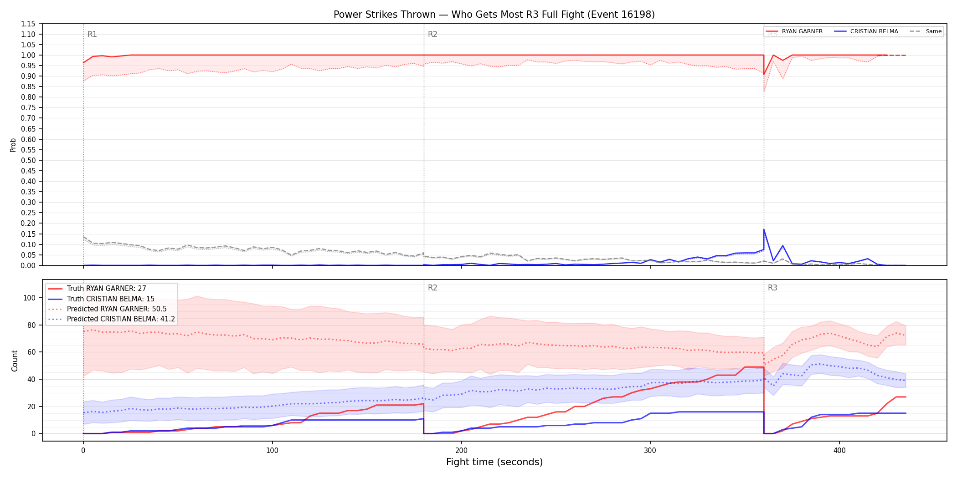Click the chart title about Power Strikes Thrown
coord(494,15)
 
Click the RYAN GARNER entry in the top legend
coord(794,31)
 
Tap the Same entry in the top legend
coord(926,31)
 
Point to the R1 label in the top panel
coord(92,34)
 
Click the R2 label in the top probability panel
coord(432,34)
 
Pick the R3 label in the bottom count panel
coord(772,288)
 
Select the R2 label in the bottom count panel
coord(432,288)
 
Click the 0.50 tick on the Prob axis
coord(28,160)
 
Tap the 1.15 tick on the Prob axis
coord(28,24)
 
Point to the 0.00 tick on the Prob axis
coord(28,265)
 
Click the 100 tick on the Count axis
coord(29,298)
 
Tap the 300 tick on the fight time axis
coord(650,451)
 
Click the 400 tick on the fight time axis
coord(839,451)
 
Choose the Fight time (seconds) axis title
coord(494,462)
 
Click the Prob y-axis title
coord(13,145)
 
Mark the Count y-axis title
coord(15,361)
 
